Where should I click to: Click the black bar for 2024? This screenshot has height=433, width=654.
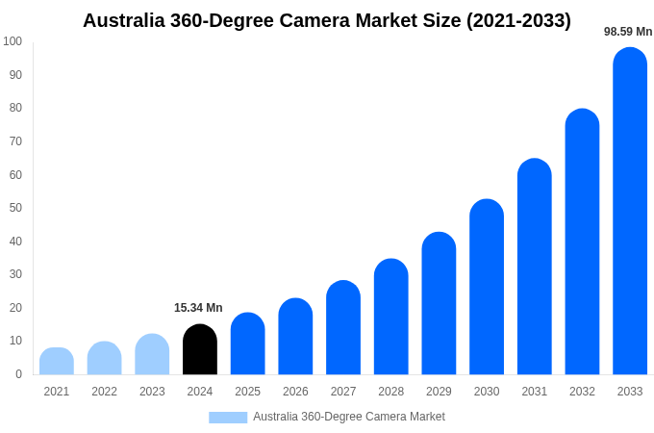[200, 350]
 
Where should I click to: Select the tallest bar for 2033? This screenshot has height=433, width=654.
[630, 212]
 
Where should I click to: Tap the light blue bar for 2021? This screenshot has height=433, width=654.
[57, 362]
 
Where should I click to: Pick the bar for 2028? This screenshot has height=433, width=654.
[391, 318]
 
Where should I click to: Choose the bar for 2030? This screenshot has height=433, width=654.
[487, 288]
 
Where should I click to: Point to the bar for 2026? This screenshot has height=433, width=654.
[295, 337]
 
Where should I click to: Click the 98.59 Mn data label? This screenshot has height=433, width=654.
[628, 32]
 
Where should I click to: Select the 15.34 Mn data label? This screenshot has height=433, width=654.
[198, 308]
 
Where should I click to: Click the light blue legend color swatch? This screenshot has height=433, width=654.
[228, 418]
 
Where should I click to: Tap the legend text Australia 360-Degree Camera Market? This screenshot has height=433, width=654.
[348, 417]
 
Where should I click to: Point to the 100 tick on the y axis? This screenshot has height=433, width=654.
[13, 41]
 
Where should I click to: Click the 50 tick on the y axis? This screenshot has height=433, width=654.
[15, 208]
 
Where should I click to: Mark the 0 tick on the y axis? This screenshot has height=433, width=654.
[18, 374]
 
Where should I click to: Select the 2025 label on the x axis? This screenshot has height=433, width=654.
[247, 392]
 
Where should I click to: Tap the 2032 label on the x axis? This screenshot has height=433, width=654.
[582, 392]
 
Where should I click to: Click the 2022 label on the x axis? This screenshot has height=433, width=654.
[104, 392]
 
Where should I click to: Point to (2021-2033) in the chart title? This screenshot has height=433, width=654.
[518, 20]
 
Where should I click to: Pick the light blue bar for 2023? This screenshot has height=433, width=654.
[152, 355]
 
